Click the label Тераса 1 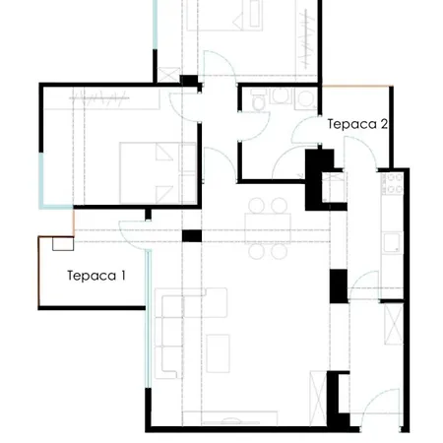pyautogui.click(x=96, y=276)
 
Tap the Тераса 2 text pyautogui.click(x=357, y=124)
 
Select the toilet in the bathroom pyautogui.click(x=258, y=99)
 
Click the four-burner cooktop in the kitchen pyautogui.click(x=393, y=183)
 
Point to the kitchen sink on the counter pyautogui.click(x=393, y=242)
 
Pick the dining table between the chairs pyautogui.click(x=268, y=228)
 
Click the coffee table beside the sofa pyautogui.click(x=218, y=353)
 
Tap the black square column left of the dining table pyautogui.click(x=192, y=236)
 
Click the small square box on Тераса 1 pyautogui.click(x=63, y=244)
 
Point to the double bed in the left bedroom pyautogui.click(x=158, y=173)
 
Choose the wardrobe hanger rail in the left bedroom pyautogui.click(x=99, y=97)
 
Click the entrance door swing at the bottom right pyautogui.click(x=381, y=407)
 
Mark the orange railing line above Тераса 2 pyautogui.click(x=357, y=87)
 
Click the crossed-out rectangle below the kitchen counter pyautogui.click(x=394, y=324)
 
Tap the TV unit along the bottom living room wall pyautogui.click(x=230, y=418)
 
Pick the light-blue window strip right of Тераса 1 pyautogui.click(x=149, y=319)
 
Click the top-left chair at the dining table pyautogui.click(x=257, y=206)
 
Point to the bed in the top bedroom pyautogui.click(x=224, y=16)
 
